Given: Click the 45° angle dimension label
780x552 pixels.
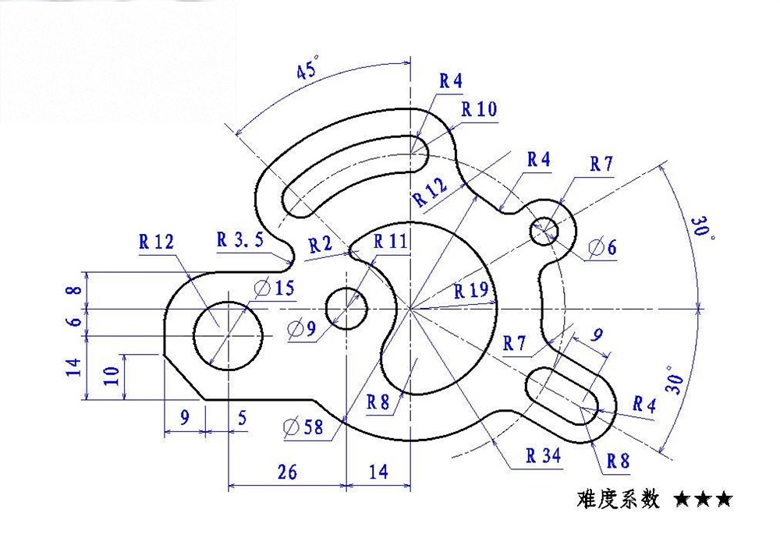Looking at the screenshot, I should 307,70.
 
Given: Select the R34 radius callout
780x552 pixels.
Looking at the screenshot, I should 543,456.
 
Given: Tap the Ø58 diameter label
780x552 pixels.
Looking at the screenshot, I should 303,426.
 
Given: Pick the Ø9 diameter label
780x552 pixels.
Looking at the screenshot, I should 301,329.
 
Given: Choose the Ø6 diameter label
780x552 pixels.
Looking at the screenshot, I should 602,248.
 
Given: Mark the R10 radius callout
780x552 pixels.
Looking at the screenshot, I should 478,109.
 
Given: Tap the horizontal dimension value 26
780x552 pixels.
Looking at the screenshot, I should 286,472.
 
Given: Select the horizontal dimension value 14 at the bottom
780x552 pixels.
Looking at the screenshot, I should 378,472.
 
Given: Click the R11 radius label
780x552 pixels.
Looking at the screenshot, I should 390,241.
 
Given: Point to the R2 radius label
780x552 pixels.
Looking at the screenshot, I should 320,245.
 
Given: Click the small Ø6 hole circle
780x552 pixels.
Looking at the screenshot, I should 544,231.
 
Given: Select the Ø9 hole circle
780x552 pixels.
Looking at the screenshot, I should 346,309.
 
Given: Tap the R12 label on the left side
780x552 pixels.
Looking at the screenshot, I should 156,242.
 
